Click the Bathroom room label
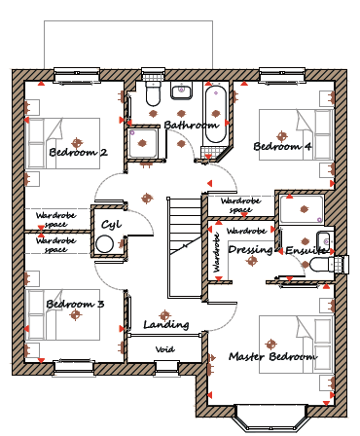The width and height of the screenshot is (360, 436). (x=192, y=125)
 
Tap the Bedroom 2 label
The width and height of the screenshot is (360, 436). (x=78, y=152)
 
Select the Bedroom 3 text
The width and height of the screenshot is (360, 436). (x=75, y=304)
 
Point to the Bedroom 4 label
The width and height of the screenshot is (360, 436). (x=282, y=146)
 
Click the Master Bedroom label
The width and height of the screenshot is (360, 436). (x=272, y=356)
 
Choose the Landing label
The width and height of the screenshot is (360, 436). (x=166, y=324)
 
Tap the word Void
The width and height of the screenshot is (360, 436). (x=165, y=349)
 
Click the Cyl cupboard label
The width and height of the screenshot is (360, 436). (x=111, y=225)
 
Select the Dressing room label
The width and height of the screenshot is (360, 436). (x=250, y=250)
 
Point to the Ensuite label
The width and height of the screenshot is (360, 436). (x=306, y=250)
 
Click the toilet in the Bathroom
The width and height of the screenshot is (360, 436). (x=153, y=93)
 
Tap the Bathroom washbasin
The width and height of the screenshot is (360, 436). (x=182, y=91)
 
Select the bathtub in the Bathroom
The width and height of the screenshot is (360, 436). (x=216, y=114)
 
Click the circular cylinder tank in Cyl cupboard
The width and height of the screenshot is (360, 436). (x=105, y=244)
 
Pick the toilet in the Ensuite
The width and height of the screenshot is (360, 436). (x=322, y=265)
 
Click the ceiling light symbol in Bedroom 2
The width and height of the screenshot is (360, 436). (x=77, y=142)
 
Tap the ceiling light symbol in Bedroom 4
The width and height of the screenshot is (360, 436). (x=282, y=136)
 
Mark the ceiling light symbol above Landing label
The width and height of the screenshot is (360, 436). (x=164, y=315)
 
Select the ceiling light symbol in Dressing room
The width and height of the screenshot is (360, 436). (x=252, y=261)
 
